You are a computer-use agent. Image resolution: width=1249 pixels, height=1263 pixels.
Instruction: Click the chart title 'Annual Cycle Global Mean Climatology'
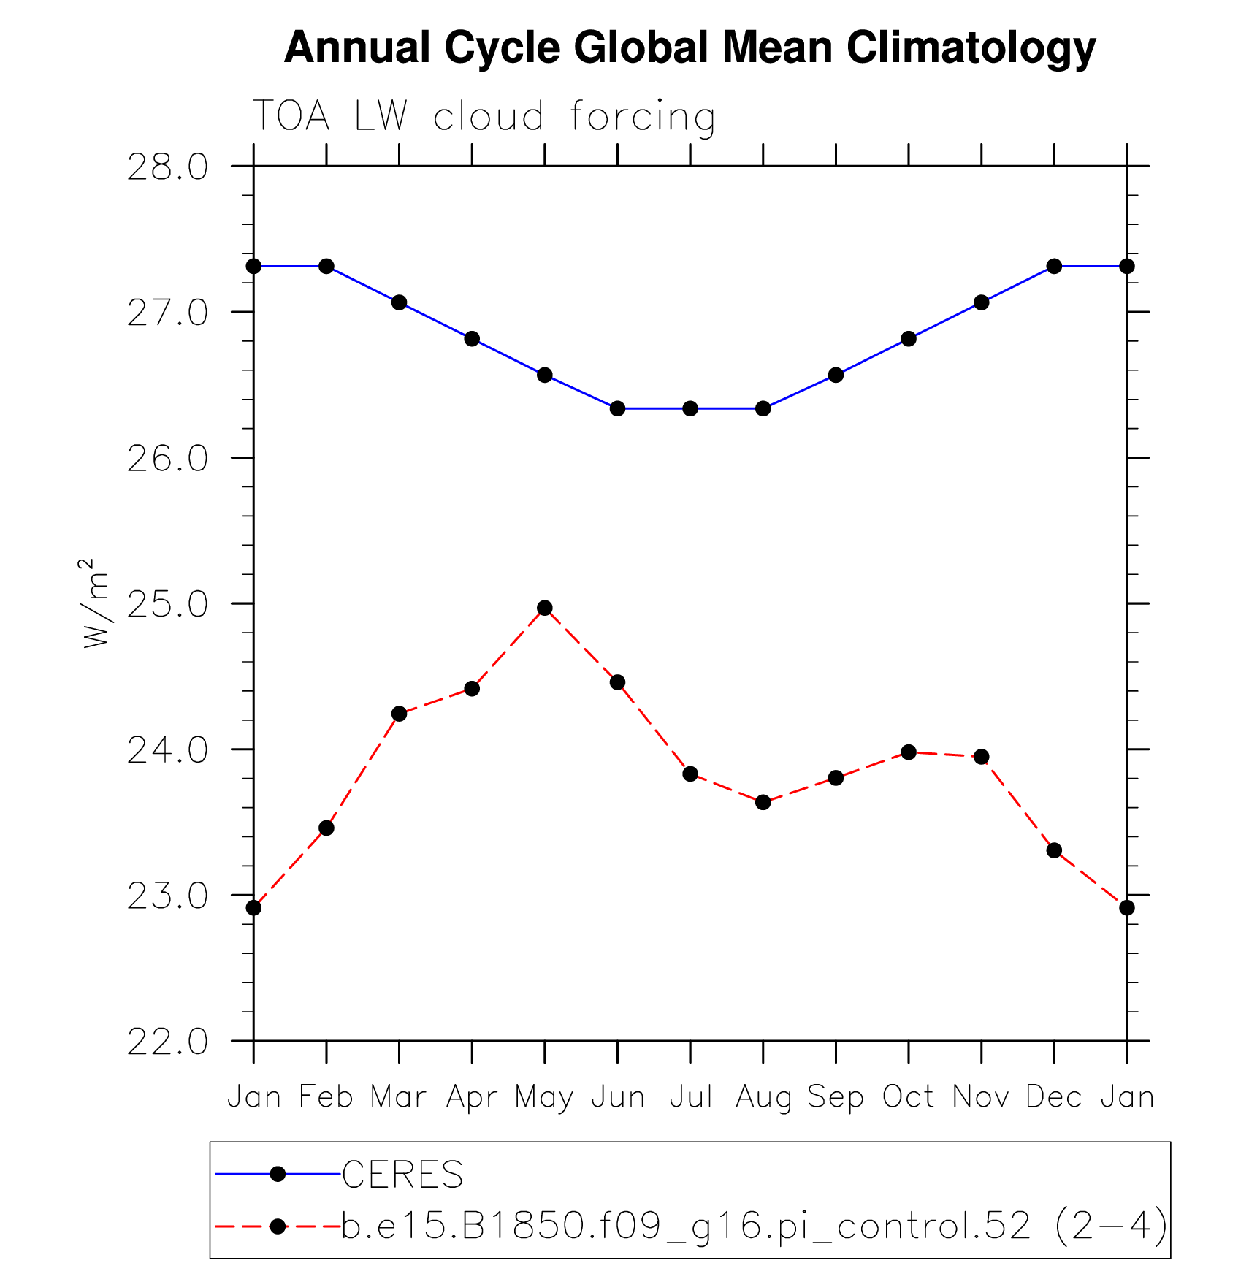click(690, 48)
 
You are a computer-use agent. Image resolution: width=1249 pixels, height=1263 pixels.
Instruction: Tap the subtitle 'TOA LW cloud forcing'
click(483, 117)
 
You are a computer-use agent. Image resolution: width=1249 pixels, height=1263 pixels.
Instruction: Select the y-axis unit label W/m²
click(96, 603)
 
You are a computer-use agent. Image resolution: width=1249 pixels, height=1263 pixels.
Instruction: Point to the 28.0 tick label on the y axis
click(167, 167)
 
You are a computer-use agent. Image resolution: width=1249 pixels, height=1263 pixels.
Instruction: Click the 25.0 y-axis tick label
click(167, 604)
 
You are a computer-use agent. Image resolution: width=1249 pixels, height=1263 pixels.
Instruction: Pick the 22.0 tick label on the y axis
click(167, 1041)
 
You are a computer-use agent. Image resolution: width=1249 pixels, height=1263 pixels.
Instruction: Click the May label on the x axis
click(544, 1098)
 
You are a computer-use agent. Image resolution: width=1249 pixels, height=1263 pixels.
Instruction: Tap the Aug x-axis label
click(763, 1098)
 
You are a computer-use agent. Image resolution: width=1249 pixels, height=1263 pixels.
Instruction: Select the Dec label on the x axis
click(1053, 1097)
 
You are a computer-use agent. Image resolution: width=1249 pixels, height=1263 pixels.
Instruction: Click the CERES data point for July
click(690, 408)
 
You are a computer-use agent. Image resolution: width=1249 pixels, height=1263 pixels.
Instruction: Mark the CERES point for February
click(326, 266)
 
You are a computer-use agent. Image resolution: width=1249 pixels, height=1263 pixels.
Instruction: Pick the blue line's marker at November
click(981, 302)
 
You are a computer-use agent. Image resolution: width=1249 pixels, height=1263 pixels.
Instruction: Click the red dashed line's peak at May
click(545, 608)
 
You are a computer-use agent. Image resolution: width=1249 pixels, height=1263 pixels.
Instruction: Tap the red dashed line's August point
click(763, 802)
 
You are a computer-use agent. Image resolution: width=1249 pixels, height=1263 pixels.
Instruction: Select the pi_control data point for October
click(909, 752)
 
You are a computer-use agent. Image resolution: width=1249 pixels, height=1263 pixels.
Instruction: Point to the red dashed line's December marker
click(1054, 850)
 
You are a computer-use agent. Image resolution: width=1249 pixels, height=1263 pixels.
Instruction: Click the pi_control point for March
click(399, 714)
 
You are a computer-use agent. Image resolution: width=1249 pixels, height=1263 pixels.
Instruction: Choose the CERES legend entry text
click(402, 1175)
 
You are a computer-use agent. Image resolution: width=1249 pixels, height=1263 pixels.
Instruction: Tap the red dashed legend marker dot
click(278, 1226)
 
